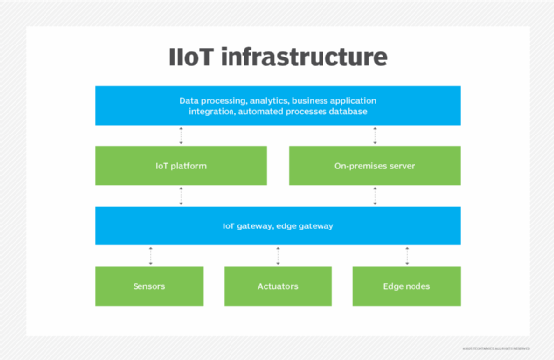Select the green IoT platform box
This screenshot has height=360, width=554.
(180, 166)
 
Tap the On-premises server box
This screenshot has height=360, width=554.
(374, 166)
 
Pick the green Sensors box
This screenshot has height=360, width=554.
(149, 286)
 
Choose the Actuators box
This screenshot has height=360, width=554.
(277, 286)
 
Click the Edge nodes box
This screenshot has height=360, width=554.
(407, 286)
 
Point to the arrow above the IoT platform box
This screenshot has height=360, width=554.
(180, 136)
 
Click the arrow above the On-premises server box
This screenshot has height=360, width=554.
(374, 136)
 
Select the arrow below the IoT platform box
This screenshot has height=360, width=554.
(180, 196)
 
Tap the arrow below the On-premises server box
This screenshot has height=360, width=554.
(374, 196)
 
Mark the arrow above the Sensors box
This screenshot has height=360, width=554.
(150, 255)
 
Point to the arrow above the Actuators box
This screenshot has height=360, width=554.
(277, 255)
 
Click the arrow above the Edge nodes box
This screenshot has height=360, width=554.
(407, 255)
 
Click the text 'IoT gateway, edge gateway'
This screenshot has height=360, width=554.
(277, 225)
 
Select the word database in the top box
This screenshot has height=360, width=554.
(346, 111)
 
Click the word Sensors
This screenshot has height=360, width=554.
(149, 286)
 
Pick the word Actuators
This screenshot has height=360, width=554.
(277, 286)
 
